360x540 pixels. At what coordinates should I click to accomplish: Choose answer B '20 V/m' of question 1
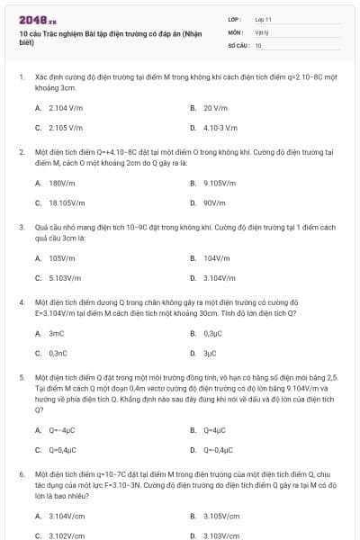213,107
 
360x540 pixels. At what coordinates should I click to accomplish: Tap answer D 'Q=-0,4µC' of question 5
217,450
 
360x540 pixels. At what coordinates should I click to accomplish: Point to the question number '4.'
21,301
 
